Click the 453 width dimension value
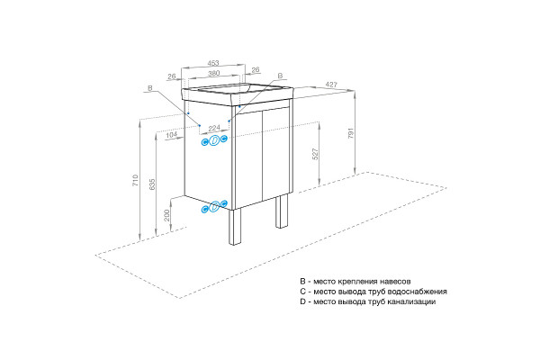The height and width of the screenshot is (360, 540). (x=213, y=63)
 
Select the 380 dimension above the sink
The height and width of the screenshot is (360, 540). (x=213, y=73)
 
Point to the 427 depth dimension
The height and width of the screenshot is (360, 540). (x=331, y=85)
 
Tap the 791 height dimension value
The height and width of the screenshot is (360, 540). (x=351, y=133)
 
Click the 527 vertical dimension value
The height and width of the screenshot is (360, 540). (x=315, y=154)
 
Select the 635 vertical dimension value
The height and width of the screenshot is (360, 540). (x=152, y=184)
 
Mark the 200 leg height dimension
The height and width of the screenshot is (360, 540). (x=167, y=215)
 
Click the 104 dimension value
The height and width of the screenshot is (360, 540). (x=171, y=135)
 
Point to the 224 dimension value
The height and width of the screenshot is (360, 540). (x=214, y=128)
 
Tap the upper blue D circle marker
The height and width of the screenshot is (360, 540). (x=214, y=140)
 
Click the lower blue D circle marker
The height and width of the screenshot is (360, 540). (x=214, y=207)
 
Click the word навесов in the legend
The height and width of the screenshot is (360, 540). (x=395, y=282)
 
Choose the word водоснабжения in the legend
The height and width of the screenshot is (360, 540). (x=418, y=292)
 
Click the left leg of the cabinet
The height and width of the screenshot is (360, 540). (x=236, y=227)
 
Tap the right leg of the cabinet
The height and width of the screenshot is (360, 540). (x=282, y=211)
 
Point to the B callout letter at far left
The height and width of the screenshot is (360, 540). (x=149, y=88)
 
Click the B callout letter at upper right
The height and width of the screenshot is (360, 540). (x=280, y=76)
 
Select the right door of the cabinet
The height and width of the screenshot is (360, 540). (x=275, y=153)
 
